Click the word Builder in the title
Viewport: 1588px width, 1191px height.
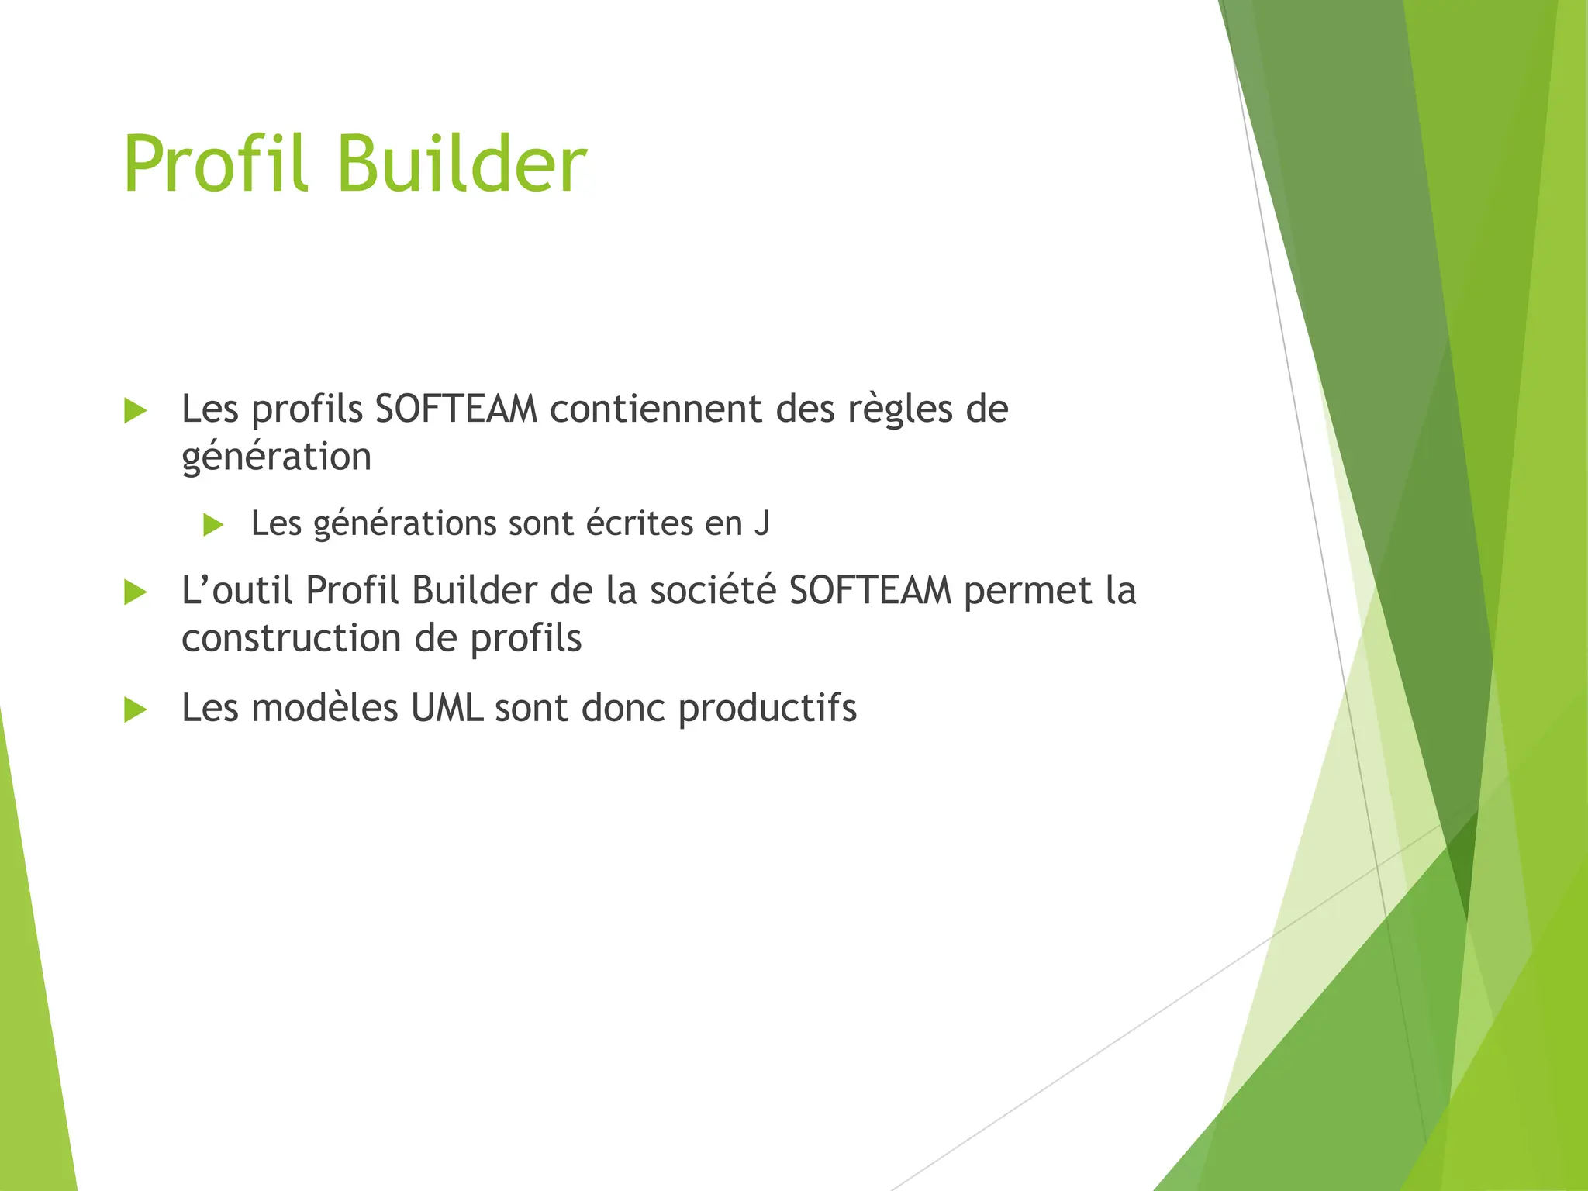coord(462,164)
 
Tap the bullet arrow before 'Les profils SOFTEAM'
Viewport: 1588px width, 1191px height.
coord(135,411)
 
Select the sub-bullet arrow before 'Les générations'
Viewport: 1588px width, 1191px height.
coord(212,525)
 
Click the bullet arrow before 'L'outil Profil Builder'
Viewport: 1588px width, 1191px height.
coord(135,593)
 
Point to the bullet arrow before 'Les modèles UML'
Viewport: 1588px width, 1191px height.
coord(135,709)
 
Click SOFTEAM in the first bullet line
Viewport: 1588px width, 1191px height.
coord(456,409)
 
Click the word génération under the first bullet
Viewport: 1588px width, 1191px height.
coord(276,457)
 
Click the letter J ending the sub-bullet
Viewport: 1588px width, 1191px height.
coord(761,523)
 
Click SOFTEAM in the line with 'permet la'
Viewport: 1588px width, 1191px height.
coord(870,591)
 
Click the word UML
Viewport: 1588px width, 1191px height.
coord(447,708)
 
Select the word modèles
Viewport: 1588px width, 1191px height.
coord(324,708)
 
